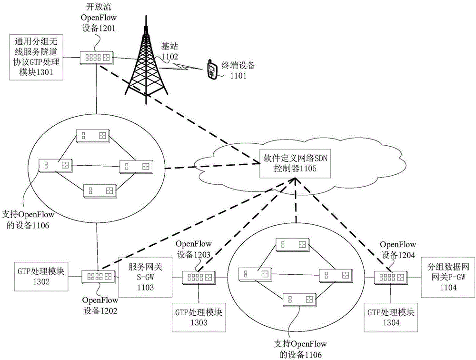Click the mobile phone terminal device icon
[211, 70]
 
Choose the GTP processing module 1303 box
[199, 317]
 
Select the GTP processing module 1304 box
[391, 317]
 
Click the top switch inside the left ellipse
[93, 136]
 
